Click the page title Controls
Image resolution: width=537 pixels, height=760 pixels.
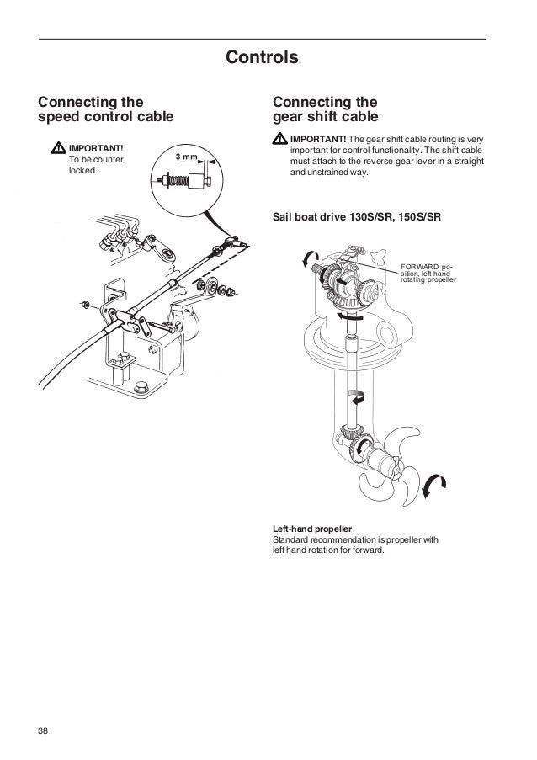[x=263, y=58]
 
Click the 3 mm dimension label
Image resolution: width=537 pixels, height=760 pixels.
[x=186, y=157]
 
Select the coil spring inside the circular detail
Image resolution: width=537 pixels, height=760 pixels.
[x=175, y=179]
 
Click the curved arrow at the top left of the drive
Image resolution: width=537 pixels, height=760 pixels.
[x=310, y=258]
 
